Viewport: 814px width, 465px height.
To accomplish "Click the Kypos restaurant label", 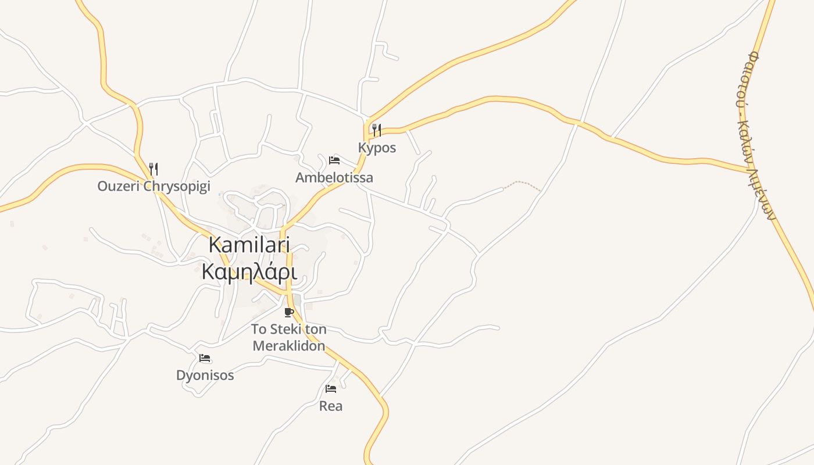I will coord(377,148).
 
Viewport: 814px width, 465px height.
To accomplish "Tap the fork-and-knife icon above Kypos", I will coord(377,130).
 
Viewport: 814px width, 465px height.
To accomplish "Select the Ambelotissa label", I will coord(334,177).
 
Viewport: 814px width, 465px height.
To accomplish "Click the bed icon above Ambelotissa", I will coord(334,160).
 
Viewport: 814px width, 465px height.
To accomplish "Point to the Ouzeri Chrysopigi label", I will coord(153,187).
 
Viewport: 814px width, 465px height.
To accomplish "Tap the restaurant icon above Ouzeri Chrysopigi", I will coord(153,169).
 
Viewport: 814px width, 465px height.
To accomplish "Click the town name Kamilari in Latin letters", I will coord(249,245).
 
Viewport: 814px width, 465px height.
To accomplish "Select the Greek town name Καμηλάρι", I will coord(249,272).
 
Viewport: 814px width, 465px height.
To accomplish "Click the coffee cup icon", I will coord(288,312).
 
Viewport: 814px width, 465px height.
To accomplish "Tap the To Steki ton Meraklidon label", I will coord(288,338).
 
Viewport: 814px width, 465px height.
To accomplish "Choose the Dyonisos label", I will coord(205,375).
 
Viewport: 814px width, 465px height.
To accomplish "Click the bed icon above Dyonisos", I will coord(205,358).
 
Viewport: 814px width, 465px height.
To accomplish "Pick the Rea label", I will coord(331,406).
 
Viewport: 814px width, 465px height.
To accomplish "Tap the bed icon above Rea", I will coord(331,388).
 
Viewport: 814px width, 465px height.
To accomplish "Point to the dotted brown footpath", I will coord(522,184).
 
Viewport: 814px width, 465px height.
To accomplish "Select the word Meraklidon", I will coord(288,346).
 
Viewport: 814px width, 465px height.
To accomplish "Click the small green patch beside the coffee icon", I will coord(297,300).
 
